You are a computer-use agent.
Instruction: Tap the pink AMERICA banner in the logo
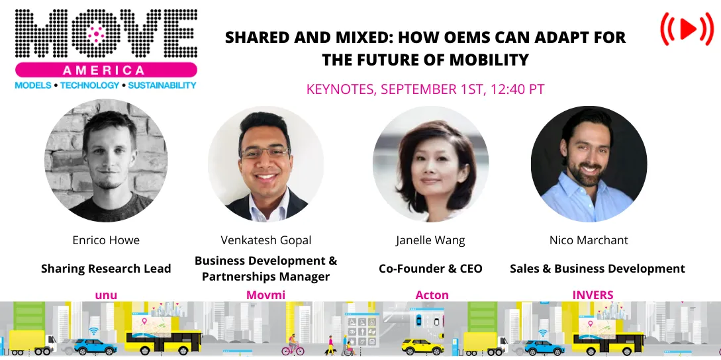(106, 70)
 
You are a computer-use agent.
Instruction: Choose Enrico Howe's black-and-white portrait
(106, 161)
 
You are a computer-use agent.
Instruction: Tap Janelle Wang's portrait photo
(430, 164)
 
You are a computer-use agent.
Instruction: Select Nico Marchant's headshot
(589, 164)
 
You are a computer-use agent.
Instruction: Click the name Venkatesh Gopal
(266, 240)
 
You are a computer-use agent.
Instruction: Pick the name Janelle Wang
(430, 240)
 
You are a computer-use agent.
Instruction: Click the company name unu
(106, 295)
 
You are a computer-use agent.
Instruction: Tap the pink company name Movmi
(265, 295)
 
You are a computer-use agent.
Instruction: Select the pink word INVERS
(593, 295)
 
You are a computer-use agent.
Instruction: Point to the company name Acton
(432, 295)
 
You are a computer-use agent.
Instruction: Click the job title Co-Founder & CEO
(430, 269)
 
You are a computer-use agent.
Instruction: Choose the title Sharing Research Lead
(106, 269)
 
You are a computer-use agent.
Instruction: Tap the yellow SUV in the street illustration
(422, 345)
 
